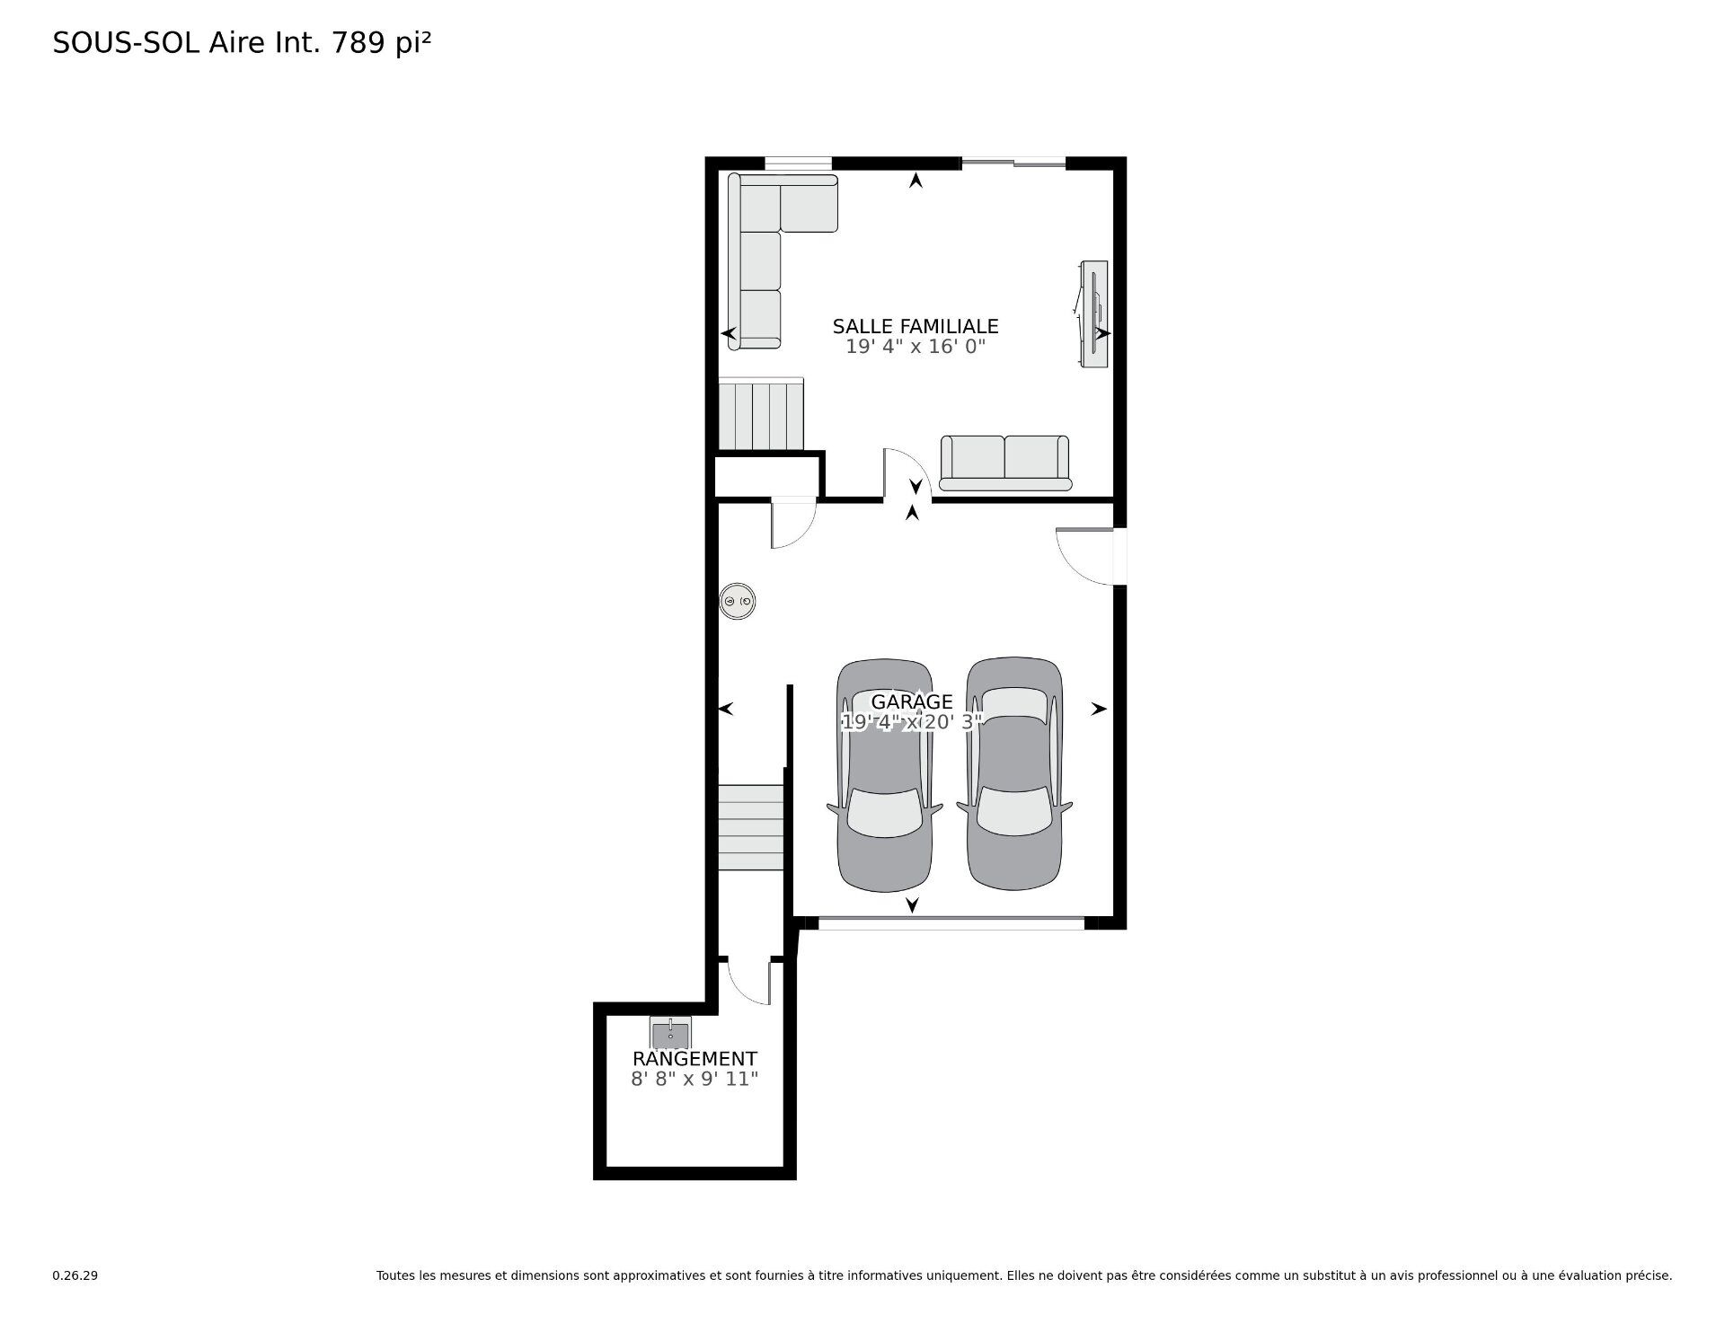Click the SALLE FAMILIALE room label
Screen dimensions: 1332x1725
pos(915,326)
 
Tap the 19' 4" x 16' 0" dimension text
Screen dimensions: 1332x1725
pos(915,347)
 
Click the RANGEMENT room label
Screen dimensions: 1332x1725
pos(694,1059)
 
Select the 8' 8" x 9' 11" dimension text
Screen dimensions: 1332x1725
pos(694,1079)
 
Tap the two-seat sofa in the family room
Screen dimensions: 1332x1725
pos(1004,463)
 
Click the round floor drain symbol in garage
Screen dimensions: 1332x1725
pos(738,602)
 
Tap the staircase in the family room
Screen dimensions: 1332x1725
pos(760,415)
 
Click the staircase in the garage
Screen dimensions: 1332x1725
pos(751,826)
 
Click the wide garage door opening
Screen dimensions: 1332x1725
pos(951,922)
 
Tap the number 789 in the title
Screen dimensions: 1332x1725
pos(360,43)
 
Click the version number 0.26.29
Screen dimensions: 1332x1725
pos(75,1275)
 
